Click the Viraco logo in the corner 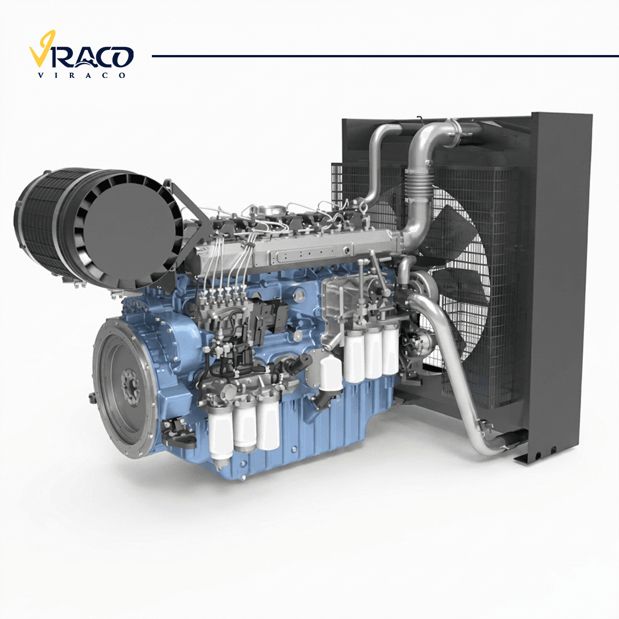tap(81, 54)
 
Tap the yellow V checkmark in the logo tap(42, 49)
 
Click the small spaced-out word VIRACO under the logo tap(81, 76)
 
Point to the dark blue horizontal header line tap(385, 56)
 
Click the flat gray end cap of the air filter tap(129, 232)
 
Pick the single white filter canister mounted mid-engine tap(331, 374)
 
